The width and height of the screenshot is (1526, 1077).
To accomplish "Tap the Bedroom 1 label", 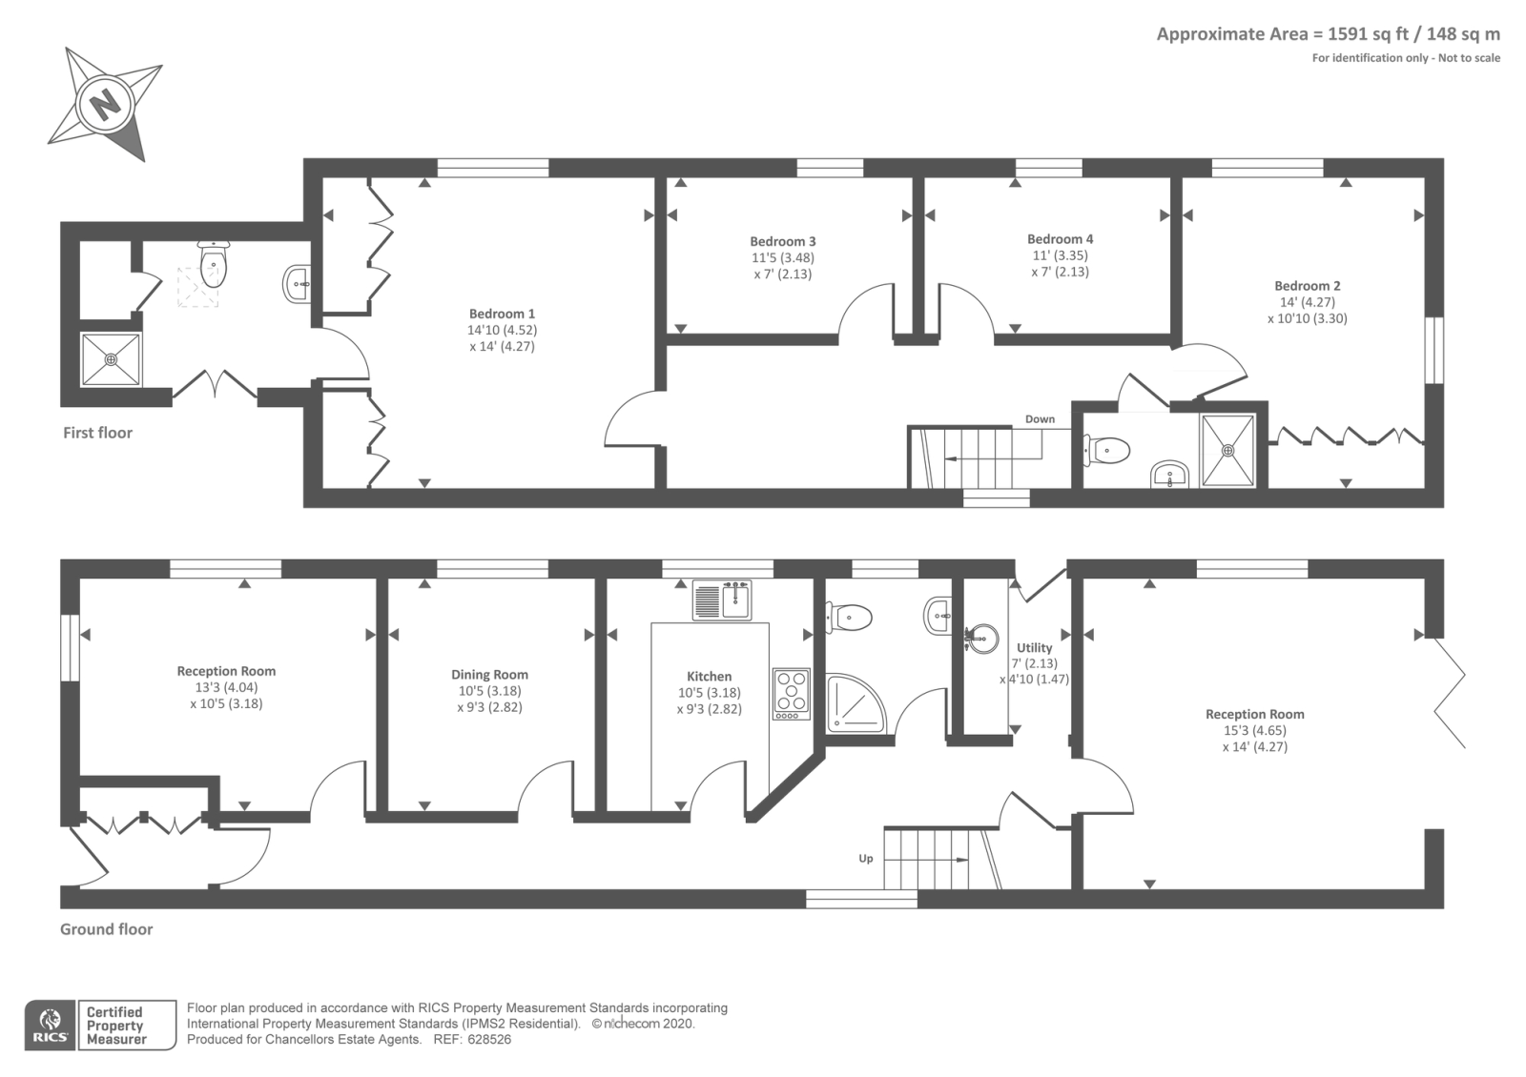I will click(502, 314).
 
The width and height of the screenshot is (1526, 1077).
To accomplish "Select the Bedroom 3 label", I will click(782, 241).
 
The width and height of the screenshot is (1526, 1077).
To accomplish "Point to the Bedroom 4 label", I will click(1060, 239).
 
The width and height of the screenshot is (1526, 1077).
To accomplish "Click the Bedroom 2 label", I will click(1307, 286).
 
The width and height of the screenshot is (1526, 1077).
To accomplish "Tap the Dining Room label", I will click(489, 675).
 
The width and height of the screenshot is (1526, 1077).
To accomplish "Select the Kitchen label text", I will click(709, 677).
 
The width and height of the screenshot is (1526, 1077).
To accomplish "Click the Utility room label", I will click(1034, 648).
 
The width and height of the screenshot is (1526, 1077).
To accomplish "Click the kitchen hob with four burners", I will click(791, 694).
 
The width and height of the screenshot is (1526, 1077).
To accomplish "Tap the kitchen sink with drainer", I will click(722, 600).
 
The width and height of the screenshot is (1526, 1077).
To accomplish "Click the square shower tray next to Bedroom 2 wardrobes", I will click(1228, 450).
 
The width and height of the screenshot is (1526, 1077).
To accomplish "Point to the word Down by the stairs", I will click(1040, 419).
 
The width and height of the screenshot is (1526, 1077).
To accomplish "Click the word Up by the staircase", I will click(865, 859).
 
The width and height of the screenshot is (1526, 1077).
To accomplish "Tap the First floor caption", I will click(97, 433).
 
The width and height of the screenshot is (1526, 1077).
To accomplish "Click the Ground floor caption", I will click(106, 929).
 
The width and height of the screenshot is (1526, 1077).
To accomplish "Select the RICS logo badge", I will click(50, 1026).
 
